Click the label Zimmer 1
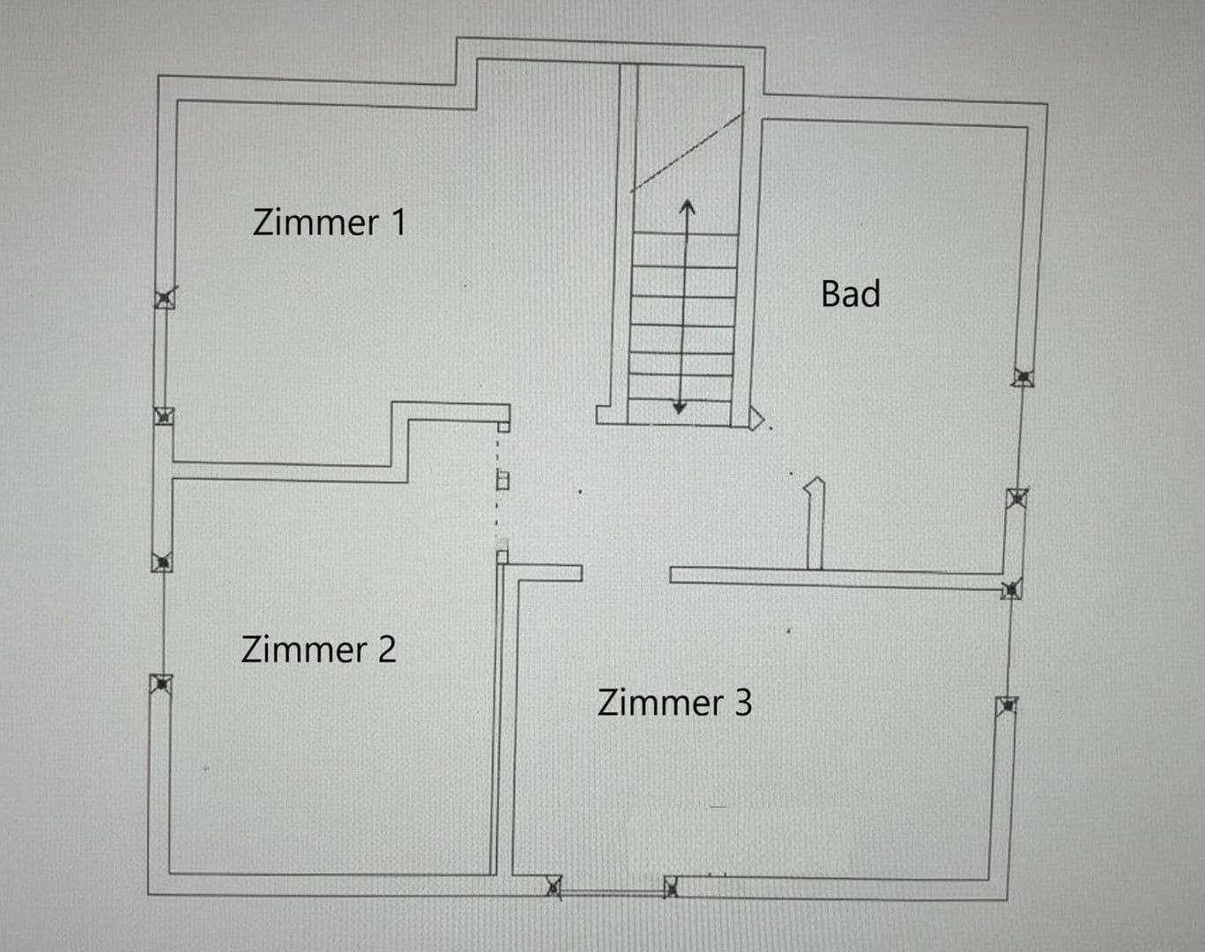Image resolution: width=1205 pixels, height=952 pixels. click(x=330, y=222)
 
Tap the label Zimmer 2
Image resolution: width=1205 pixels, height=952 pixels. click(x=318, y=650)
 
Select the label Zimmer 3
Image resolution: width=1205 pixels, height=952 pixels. click(x=674, y=703)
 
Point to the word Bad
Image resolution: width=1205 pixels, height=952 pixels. click(x=851, y=294)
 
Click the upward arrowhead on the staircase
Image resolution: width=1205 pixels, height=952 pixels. click(x=688, y=206)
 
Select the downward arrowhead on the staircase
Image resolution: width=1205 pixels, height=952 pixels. click(x=680, y=407)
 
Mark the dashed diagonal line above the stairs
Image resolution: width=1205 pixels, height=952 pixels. click(x=688, y=152)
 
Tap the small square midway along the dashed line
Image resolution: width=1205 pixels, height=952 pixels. click(x=502, y=480)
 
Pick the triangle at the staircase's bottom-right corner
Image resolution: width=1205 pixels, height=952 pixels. click(x=756, y=419)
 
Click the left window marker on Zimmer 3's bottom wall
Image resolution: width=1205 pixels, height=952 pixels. click(x=554, y=887)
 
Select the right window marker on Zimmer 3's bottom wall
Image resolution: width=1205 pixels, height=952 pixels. click(x=672, y=887)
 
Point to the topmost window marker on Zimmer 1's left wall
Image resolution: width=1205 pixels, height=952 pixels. click(x=165, y=299)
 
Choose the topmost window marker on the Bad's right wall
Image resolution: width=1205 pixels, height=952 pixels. click(x=1023, y=377)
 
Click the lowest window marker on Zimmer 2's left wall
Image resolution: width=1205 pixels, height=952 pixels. click(x=161, y=684)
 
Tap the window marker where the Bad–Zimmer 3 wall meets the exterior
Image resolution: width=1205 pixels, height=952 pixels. click(x=1012, y=589)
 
